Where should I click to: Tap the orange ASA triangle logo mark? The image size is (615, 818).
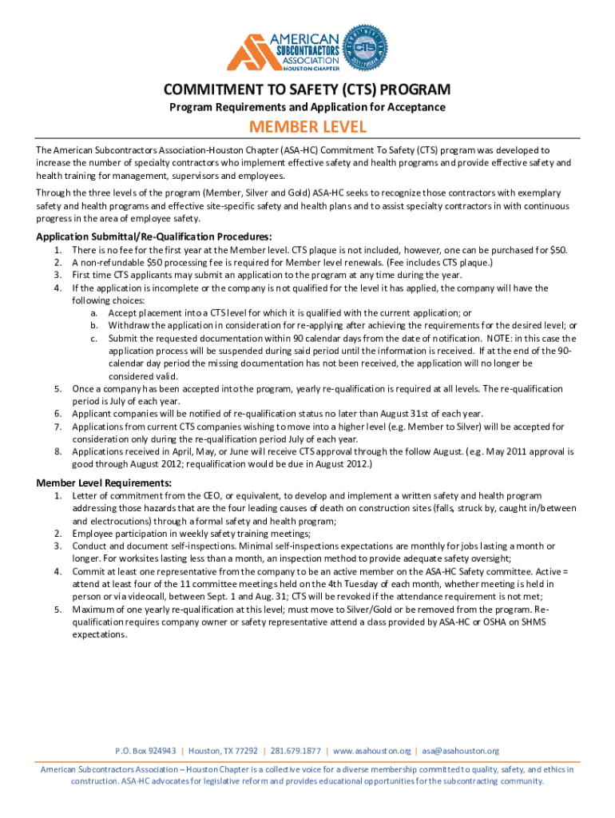click(x=249, y=52)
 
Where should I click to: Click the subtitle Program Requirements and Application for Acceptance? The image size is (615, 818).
click(x=307, y=107)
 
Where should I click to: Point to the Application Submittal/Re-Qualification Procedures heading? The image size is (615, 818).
click(x=154, y=236)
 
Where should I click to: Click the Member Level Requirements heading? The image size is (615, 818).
click(x=104, y=482)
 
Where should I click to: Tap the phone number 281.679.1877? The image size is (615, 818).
click(x=296, y=751)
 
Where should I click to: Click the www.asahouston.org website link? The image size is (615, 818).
click(x=371, y=751)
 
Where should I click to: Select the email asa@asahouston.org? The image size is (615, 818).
click(x=461, y=751)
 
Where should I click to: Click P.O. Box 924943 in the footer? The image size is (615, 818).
click(x=145, y=751)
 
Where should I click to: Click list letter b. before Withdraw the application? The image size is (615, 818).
click(x=94, y=325)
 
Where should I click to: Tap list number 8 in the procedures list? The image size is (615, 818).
click(x=58, y=451)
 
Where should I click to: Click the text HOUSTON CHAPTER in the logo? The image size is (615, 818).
click(x=306, y=69)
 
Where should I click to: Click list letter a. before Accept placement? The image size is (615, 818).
click(x=94, y=313)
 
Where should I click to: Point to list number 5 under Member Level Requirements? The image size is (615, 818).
click(x=58, y=609)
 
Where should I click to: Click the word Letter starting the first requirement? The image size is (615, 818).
click(x=85, y=496)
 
